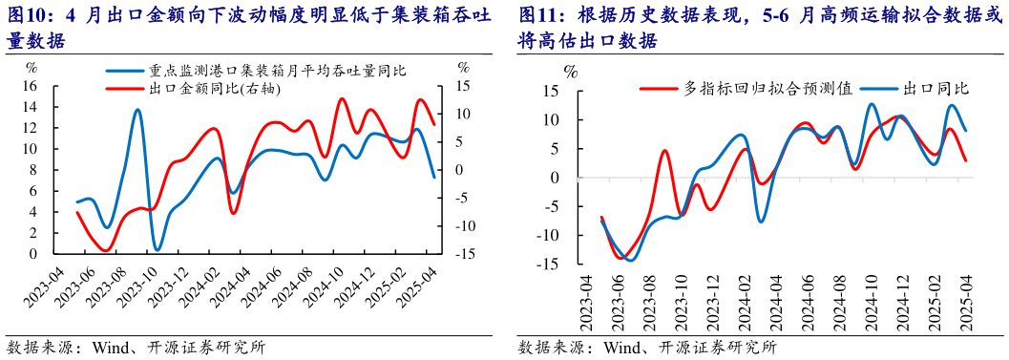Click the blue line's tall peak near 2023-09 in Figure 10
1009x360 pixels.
click(x=137, y=110)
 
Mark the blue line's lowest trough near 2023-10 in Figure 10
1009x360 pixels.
click(x=157, y=249)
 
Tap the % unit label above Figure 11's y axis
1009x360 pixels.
click(x=571, y=73)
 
